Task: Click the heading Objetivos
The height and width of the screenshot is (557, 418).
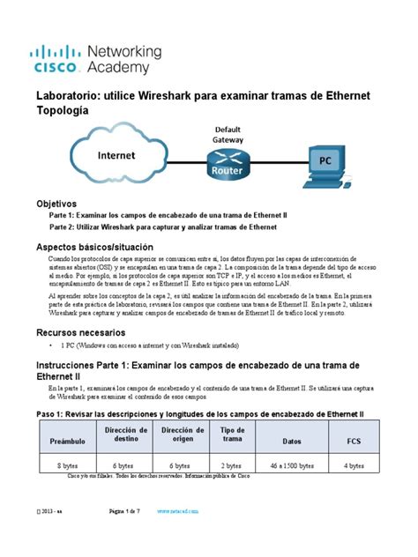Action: (62, 203)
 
